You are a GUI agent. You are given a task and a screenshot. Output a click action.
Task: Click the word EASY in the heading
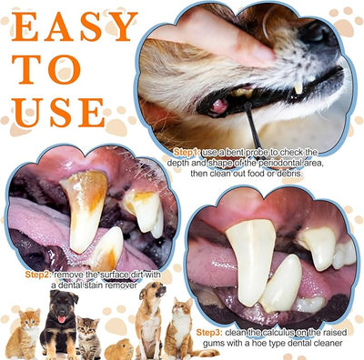point(75,26)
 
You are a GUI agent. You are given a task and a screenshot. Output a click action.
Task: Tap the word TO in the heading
point(46,70)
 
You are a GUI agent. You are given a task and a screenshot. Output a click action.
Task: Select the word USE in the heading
point(59,113)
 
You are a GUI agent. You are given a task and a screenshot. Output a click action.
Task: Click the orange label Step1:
point(187,153)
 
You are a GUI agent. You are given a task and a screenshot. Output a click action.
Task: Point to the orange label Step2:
point(38,275)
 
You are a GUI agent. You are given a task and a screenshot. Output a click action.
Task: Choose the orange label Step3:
point(209,333)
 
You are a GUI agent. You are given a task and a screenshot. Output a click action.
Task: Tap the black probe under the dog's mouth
point(252,125)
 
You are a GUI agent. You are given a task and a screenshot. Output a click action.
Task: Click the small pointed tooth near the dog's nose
point(298,88)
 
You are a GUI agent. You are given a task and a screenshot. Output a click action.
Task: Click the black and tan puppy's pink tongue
point(62,319)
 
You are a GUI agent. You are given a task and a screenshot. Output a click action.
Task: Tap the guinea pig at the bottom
point(119,349)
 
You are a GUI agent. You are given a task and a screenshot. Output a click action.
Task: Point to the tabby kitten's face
point(87,326)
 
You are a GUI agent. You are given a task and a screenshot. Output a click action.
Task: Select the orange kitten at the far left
point(24,334)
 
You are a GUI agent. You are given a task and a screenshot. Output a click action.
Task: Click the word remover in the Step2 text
point(120,285)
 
